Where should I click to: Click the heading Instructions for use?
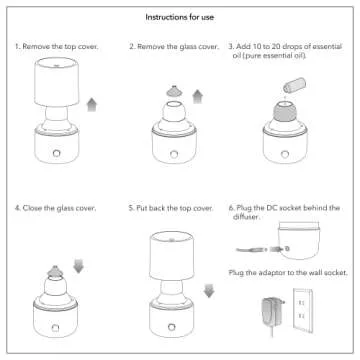click(180, 17)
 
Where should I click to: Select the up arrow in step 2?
click(196, 95)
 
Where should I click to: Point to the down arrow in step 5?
click(207, 291)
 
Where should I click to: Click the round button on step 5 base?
click(170, 326)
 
